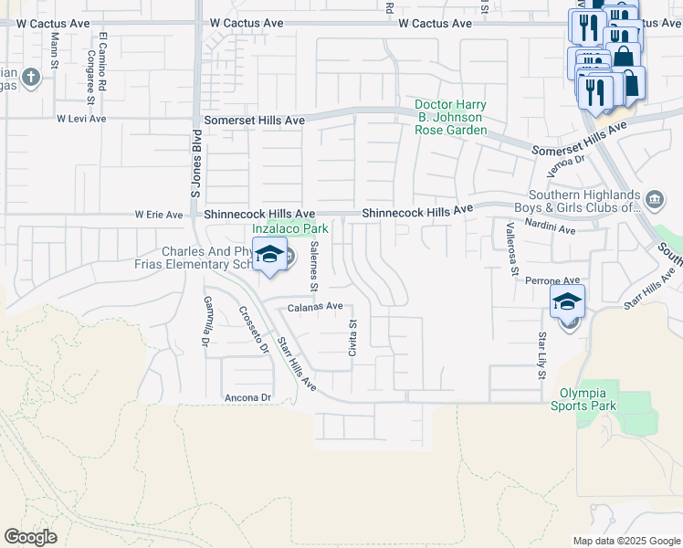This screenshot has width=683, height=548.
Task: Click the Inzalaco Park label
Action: [289, 229]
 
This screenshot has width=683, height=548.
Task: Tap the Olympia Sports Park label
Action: [588, 400]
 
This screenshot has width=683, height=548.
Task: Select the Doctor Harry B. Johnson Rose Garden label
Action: [451, 117]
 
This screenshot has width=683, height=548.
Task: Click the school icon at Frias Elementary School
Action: [269, 256]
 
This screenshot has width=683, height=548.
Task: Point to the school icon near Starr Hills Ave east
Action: [567, 302]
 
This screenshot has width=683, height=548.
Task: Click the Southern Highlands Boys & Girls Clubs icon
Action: [655, 199]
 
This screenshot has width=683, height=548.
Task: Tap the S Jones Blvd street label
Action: [195, 170]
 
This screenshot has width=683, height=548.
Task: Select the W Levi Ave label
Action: [81, 119]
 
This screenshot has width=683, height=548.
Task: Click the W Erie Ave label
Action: [159, 216]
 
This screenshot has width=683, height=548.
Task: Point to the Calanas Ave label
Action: [315, 307]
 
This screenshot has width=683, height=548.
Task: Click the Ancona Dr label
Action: [248, 398]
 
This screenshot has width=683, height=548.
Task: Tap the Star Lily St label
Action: [541, 356]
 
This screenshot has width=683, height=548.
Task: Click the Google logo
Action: [30, 537]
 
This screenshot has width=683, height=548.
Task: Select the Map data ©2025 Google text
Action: [626, 541]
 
